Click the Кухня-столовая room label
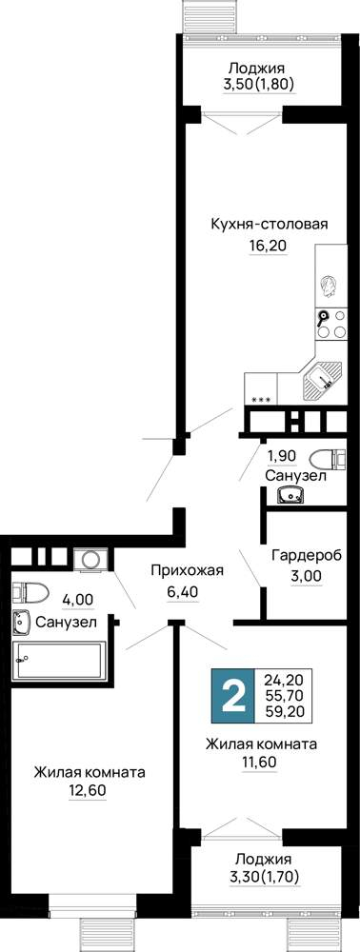269,224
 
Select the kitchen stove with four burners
331,325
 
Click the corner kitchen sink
323,380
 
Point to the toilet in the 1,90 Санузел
328,458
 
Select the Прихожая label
188,570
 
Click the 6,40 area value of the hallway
184,589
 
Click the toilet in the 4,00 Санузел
30,591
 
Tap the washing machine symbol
91,559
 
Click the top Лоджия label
259,69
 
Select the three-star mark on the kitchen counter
261,399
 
